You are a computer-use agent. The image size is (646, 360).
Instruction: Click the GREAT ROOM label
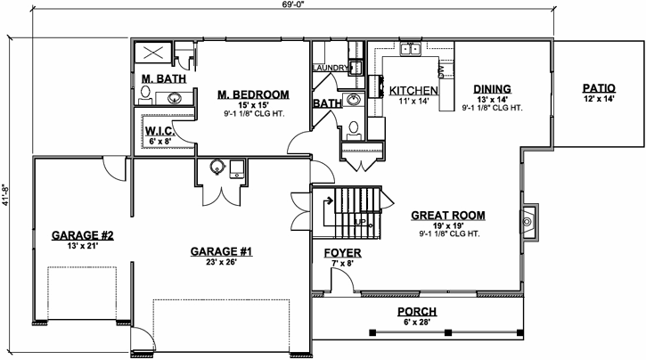(x=449, y=215)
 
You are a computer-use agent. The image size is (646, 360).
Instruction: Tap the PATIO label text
(x=599, y=88)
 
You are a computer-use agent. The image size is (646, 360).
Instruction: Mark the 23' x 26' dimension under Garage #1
(x=221, y=264)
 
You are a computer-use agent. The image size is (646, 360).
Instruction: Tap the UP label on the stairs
(x=360, y=220)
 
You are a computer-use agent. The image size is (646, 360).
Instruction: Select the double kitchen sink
(x=410, y=49)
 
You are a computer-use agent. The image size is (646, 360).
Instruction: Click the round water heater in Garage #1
(x=217, y=167)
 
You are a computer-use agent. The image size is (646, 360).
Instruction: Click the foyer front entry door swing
(x=339, y=281)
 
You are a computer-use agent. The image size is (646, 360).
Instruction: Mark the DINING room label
(x=492, y=88)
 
